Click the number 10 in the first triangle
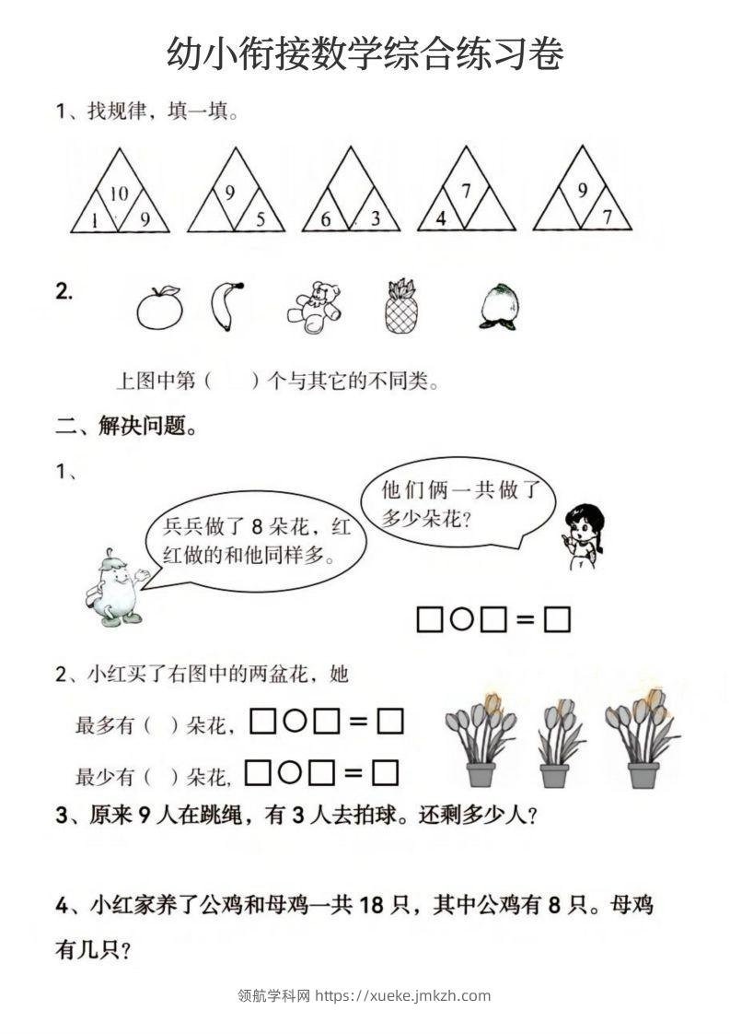pyautogui.click(x=119, y=194)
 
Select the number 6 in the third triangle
pyautogui.click(x=326, y=219)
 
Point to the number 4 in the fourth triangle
pyautogui.click(x=441, y=219)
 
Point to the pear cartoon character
pyautogui.click(x=114, y=589)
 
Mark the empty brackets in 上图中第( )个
pyautogui.click(x=230, y=381)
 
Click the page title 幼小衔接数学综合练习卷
pyautogui.click(x=365, y=54)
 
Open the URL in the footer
pyautogui.click(x=403, y=995)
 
